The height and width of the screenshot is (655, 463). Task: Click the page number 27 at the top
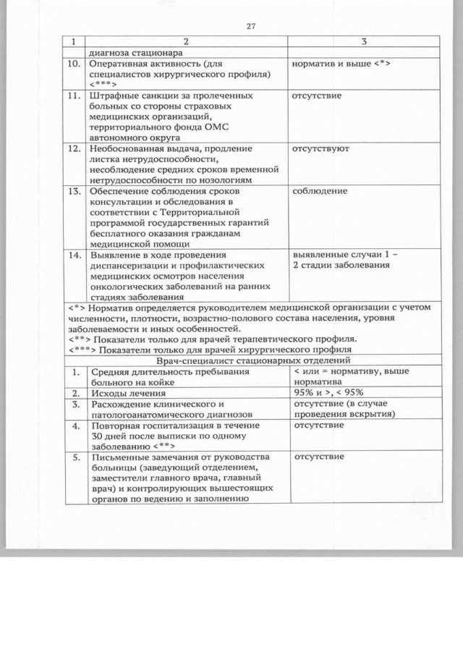point(250,27)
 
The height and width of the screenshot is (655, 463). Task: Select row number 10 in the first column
point(75,64)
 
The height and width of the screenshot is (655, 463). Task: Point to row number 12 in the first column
point(75,148)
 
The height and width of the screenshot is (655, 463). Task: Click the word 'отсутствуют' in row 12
point(320,148)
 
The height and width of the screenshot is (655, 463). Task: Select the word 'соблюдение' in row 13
point(319,191)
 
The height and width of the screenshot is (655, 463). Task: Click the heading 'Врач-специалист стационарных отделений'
point(252,360)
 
